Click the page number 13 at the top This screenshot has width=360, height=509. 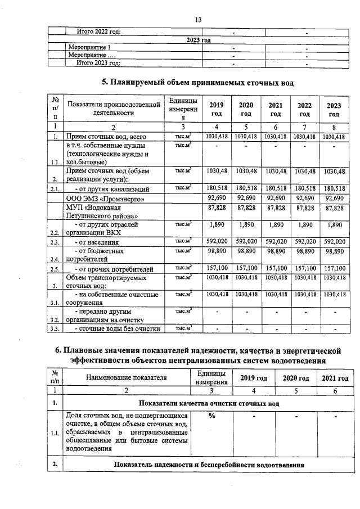[198, 20]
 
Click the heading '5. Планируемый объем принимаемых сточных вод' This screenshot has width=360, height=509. [197, 83]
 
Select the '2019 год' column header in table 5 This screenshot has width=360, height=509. [215, 109]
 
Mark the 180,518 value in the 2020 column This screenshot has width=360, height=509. [245, 188]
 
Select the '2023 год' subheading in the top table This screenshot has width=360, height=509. [198, 40]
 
